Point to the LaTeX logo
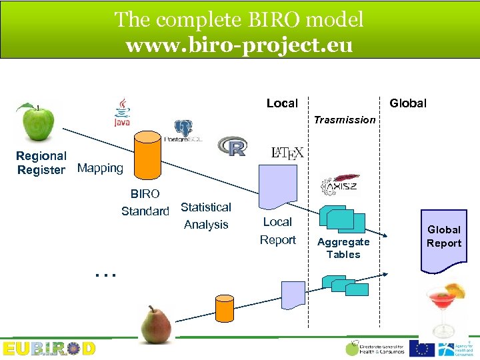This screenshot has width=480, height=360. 287,153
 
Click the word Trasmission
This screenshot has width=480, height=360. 345,120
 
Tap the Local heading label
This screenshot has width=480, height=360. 282,103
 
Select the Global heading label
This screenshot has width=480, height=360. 408,103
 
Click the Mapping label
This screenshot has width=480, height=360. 101,168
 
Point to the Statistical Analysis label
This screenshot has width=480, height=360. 206,216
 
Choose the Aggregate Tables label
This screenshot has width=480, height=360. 343,248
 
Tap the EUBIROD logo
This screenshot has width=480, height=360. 49,349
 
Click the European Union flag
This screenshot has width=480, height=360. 421,348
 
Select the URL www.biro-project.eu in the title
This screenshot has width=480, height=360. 239,46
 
